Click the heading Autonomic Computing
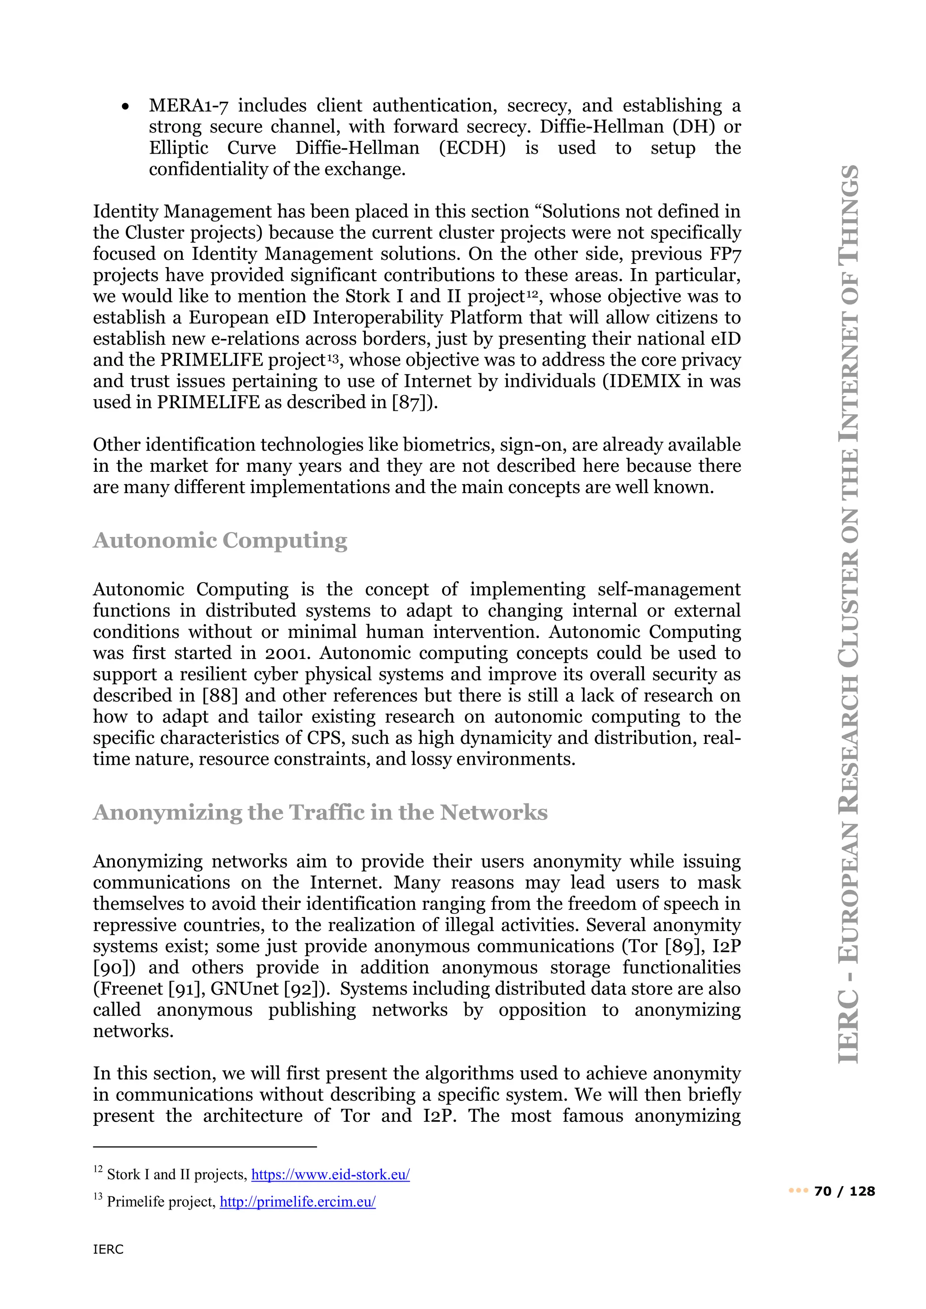pos(220,541)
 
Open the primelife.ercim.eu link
pos(298,1202)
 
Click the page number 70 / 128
pos(845,1191)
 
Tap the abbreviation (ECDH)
pos(472,148)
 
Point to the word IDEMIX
pos(644,381)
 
